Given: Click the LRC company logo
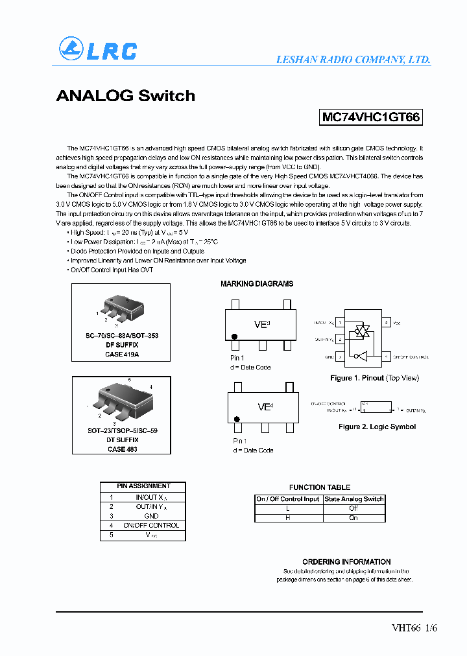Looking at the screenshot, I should [x=97, y=50].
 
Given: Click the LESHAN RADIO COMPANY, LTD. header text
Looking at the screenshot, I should [x=353, y=59].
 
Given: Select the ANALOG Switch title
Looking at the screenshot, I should [x=125, y=96].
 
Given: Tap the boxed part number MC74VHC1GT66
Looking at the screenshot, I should [x=371, y=117].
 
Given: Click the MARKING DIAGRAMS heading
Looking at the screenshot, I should [x=257, y=284].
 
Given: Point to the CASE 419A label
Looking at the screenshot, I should [x=122, y=355].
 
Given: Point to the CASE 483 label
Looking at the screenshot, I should [x=122, y=449].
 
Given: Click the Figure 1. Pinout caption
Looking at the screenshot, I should [x=375, y=378].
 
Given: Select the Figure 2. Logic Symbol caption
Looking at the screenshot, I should [x=377, y=427].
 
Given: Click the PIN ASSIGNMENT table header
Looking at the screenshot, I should [x=143, y=486].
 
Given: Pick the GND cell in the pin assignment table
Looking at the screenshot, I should [x=152, y=516].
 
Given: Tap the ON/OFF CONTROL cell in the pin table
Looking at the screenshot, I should [x=151, y=526].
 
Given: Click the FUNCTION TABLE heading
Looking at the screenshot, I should [x=319, y=487].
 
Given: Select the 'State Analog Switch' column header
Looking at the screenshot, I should [x=354, y=499].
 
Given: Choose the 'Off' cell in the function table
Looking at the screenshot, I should [x=354, y=508].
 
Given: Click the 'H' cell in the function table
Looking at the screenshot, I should [x=288, y=518].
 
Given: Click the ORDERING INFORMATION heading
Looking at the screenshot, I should [x=346, y=562].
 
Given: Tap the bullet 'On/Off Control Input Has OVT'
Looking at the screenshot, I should [x=112, y=270].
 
